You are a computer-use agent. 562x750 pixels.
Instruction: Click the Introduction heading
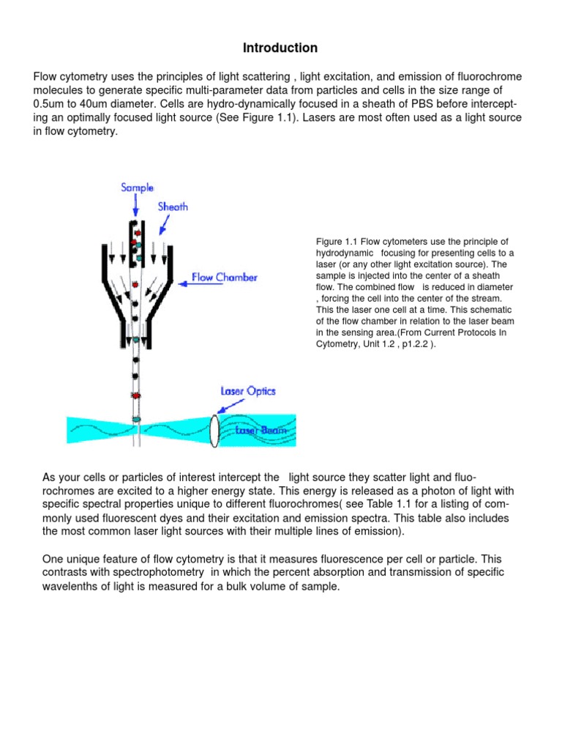coord(280,48)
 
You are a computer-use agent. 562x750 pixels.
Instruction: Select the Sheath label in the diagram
coord(173,207)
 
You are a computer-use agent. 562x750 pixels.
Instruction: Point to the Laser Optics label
coord(248,391)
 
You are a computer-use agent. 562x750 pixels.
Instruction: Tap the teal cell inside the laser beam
coord(135,419)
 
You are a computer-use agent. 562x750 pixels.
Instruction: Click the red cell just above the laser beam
coord(135,396)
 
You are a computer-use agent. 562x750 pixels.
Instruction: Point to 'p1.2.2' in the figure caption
coord(416,344)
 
